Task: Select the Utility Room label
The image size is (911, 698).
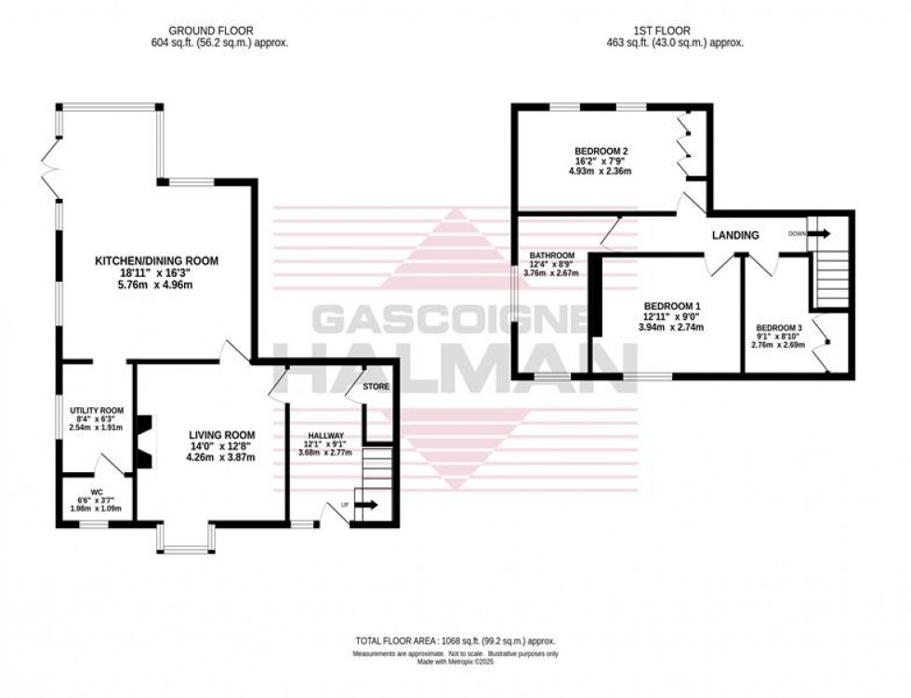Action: point(96,410)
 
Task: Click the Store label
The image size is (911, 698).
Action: point(376,386)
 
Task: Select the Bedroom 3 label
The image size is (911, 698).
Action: point(778,328)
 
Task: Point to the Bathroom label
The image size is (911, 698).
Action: point(552,256)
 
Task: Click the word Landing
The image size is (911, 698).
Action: point(736,235)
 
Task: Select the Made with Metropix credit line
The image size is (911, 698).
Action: point(455,664)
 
